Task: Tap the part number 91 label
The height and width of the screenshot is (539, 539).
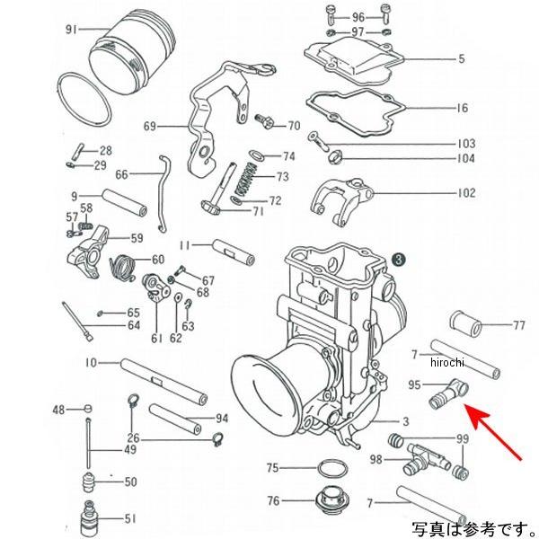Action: point(73,29)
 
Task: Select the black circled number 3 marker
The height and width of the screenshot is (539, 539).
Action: point(398,259)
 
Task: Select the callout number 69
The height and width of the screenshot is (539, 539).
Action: point(149,126)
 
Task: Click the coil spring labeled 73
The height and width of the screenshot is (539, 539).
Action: point(244,179)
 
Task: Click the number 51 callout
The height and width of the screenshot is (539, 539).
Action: point(131,517)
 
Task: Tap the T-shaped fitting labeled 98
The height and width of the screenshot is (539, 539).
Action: point(418,455)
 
